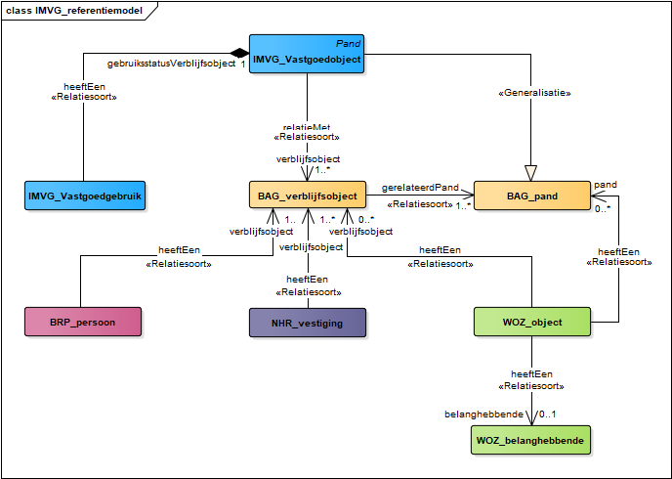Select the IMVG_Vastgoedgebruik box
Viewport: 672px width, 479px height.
(84, 196)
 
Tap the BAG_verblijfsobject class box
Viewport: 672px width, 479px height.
(307, 196)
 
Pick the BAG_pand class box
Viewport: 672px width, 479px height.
(531, 196)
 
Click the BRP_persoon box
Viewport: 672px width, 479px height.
(83, 321)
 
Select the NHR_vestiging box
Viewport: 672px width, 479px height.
(307, 321)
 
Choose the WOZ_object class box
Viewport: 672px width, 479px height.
(531, 321)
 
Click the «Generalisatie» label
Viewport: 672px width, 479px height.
(533, 93)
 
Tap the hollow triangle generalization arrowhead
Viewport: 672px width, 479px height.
(531, 173)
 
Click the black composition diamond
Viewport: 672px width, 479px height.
(237, 52)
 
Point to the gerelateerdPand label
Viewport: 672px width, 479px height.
(420, 186)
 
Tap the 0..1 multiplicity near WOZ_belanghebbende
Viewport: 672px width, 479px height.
(549, 415)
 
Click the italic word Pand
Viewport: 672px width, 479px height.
(348, 44)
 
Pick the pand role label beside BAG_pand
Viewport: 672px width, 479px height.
(606, 184)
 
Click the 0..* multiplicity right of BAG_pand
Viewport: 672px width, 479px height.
(605, 208)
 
